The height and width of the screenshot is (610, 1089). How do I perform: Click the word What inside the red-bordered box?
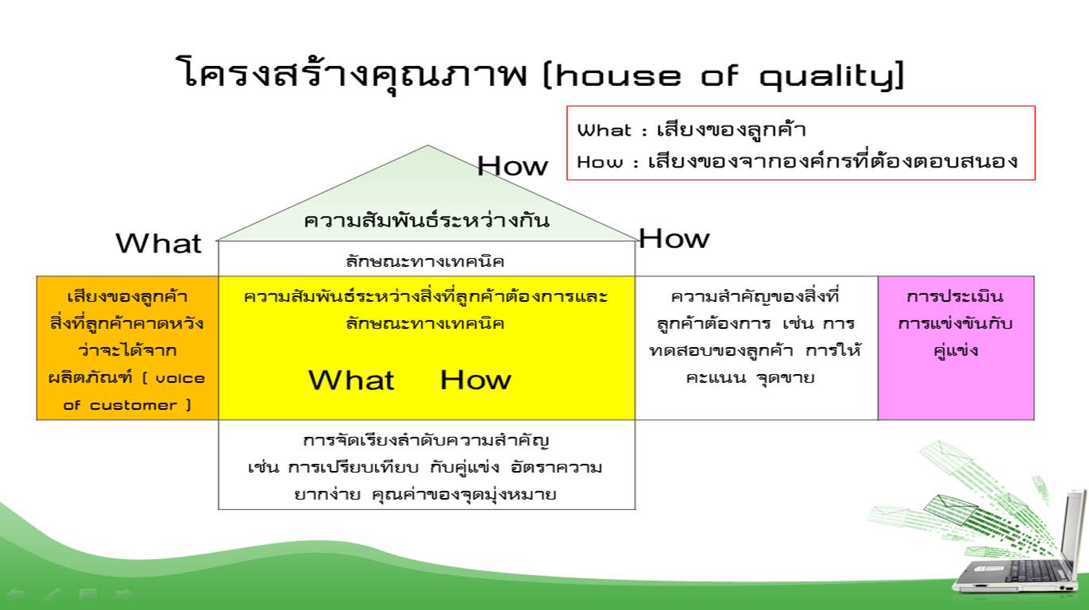(x=604, y=130)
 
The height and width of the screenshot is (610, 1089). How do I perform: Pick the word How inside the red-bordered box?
(x=600, y=162)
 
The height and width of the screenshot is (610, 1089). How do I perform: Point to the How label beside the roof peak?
(x=512, y=166)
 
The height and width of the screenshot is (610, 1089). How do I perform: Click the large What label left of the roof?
(x=159, y=243)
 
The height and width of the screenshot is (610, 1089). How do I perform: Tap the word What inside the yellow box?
(x=351, y=380)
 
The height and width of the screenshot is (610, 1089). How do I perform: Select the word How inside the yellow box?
(x=476, y=380)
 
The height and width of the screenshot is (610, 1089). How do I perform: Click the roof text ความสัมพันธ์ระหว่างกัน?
(x=427, y=221)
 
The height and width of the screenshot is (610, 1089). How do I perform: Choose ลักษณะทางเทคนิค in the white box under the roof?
(x=425, y=262)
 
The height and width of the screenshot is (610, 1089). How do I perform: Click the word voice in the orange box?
(x=180, y=378)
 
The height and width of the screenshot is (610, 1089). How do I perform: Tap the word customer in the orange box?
(x=133, y=405)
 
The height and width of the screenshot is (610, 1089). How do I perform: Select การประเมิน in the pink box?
(x=956, y=296)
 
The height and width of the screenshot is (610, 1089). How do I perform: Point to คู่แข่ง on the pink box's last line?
(x=956, y=350)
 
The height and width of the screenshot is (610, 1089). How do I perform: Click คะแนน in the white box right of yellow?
(x=716, y=377)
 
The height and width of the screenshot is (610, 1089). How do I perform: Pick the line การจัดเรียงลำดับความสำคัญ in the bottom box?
(x=426, y=440)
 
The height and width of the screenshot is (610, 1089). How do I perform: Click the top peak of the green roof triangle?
(x=427, y=145)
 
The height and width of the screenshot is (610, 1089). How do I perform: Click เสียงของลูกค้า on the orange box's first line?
(x=127, y=296)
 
